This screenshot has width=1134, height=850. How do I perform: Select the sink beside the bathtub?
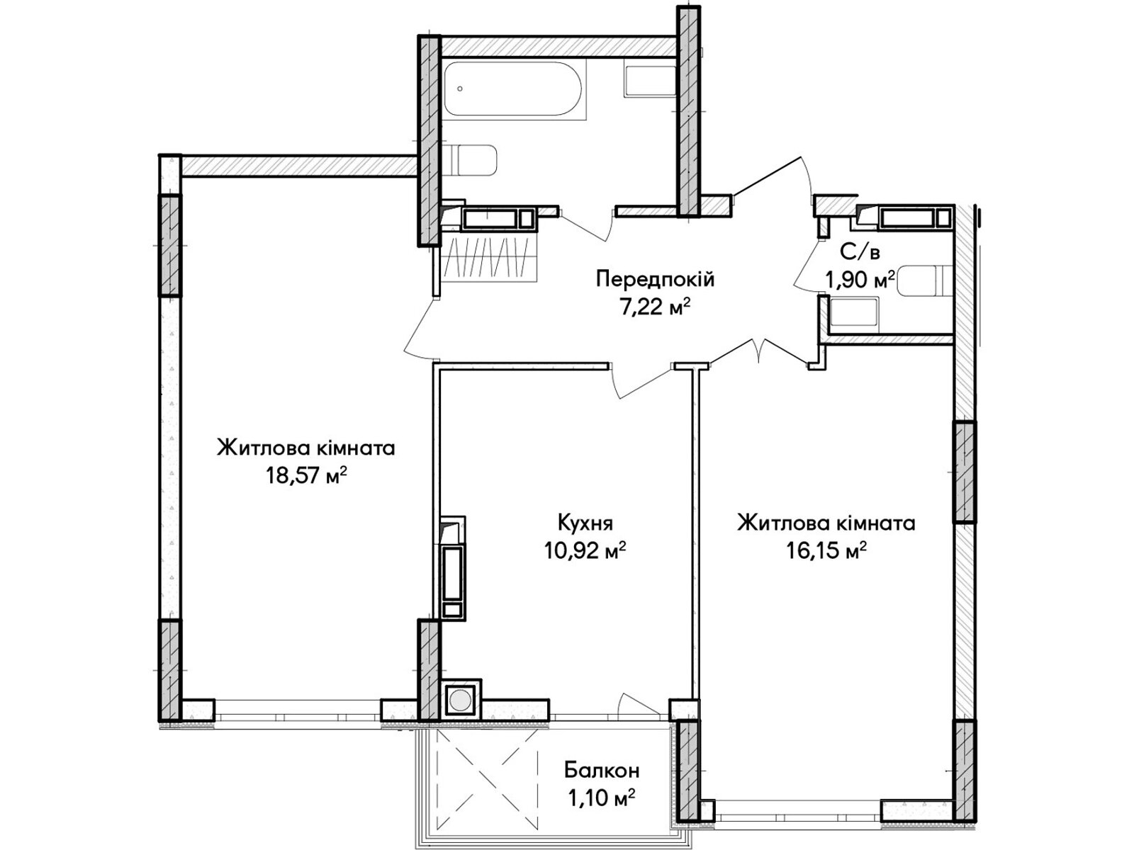[x=651, y=81]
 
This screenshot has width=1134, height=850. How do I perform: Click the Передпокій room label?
[x=655, y=280]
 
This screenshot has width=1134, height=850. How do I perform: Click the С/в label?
[x=860, y=252]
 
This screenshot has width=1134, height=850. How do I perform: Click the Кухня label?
[x=585, y=523]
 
